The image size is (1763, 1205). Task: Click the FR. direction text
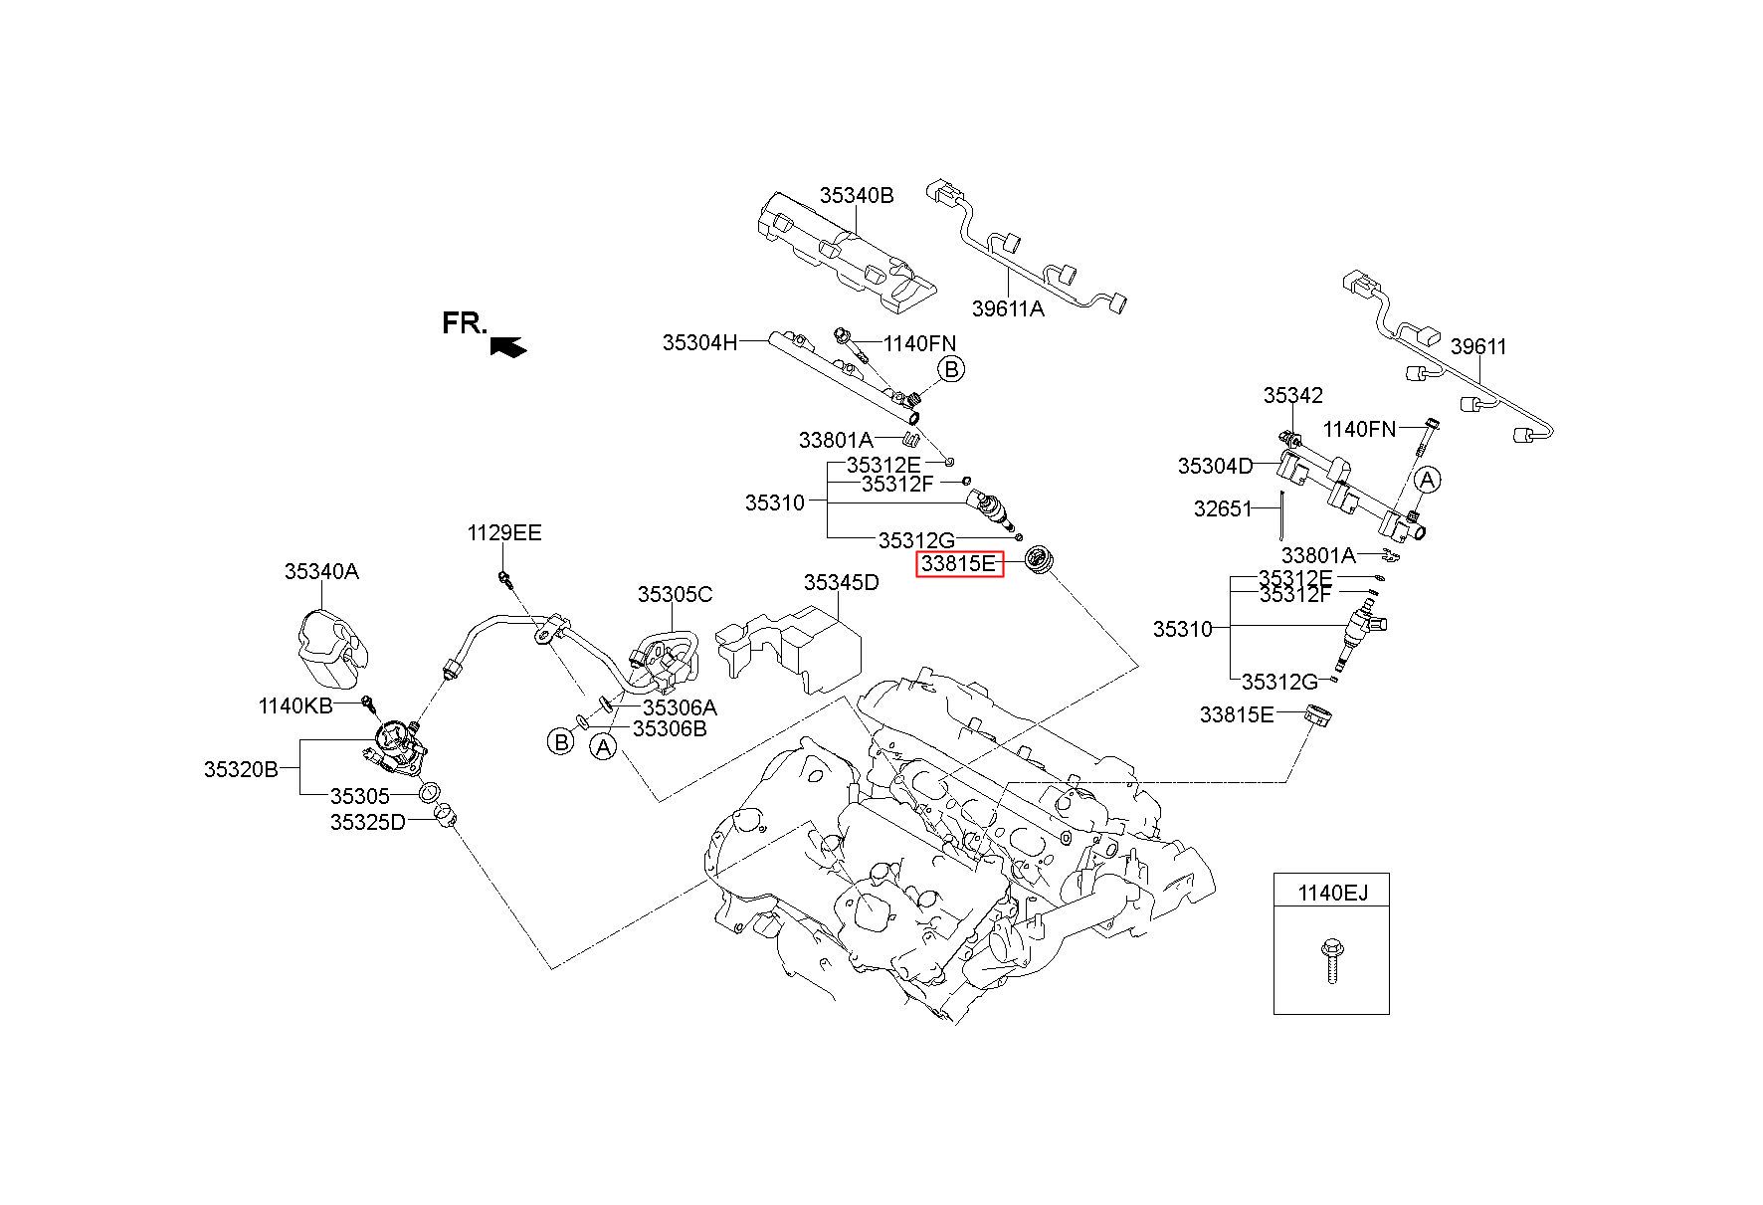point(465,323)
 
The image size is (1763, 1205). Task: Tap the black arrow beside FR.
point(508,345)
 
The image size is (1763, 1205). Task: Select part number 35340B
point(857,195)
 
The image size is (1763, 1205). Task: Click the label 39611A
point(1008,308)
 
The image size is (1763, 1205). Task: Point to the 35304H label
point(700,343)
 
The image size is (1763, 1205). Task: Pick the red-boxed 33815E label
point(959,564)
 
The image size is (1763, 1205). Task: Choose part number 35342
point(1293,395)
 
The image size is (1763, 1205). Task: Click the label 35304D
point(1216,466)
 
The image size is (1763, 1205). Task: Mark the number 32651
point(1223,508)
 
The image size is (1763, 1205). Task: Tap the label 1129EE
point(504,533)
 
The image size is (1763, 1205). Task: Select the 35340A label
point(321,571)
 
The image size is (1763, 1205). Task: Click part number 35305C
point(675,595)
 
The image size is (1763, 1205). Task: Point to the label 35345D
point(842,582)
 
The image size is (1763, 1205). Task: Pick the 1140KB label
point(295,706)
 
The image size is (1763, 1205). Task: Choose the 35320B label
point(242,769)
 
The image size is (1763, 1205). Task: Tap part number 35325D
point(368,822)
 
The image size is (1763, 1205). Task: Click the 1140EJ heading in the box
point(1332,894)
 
